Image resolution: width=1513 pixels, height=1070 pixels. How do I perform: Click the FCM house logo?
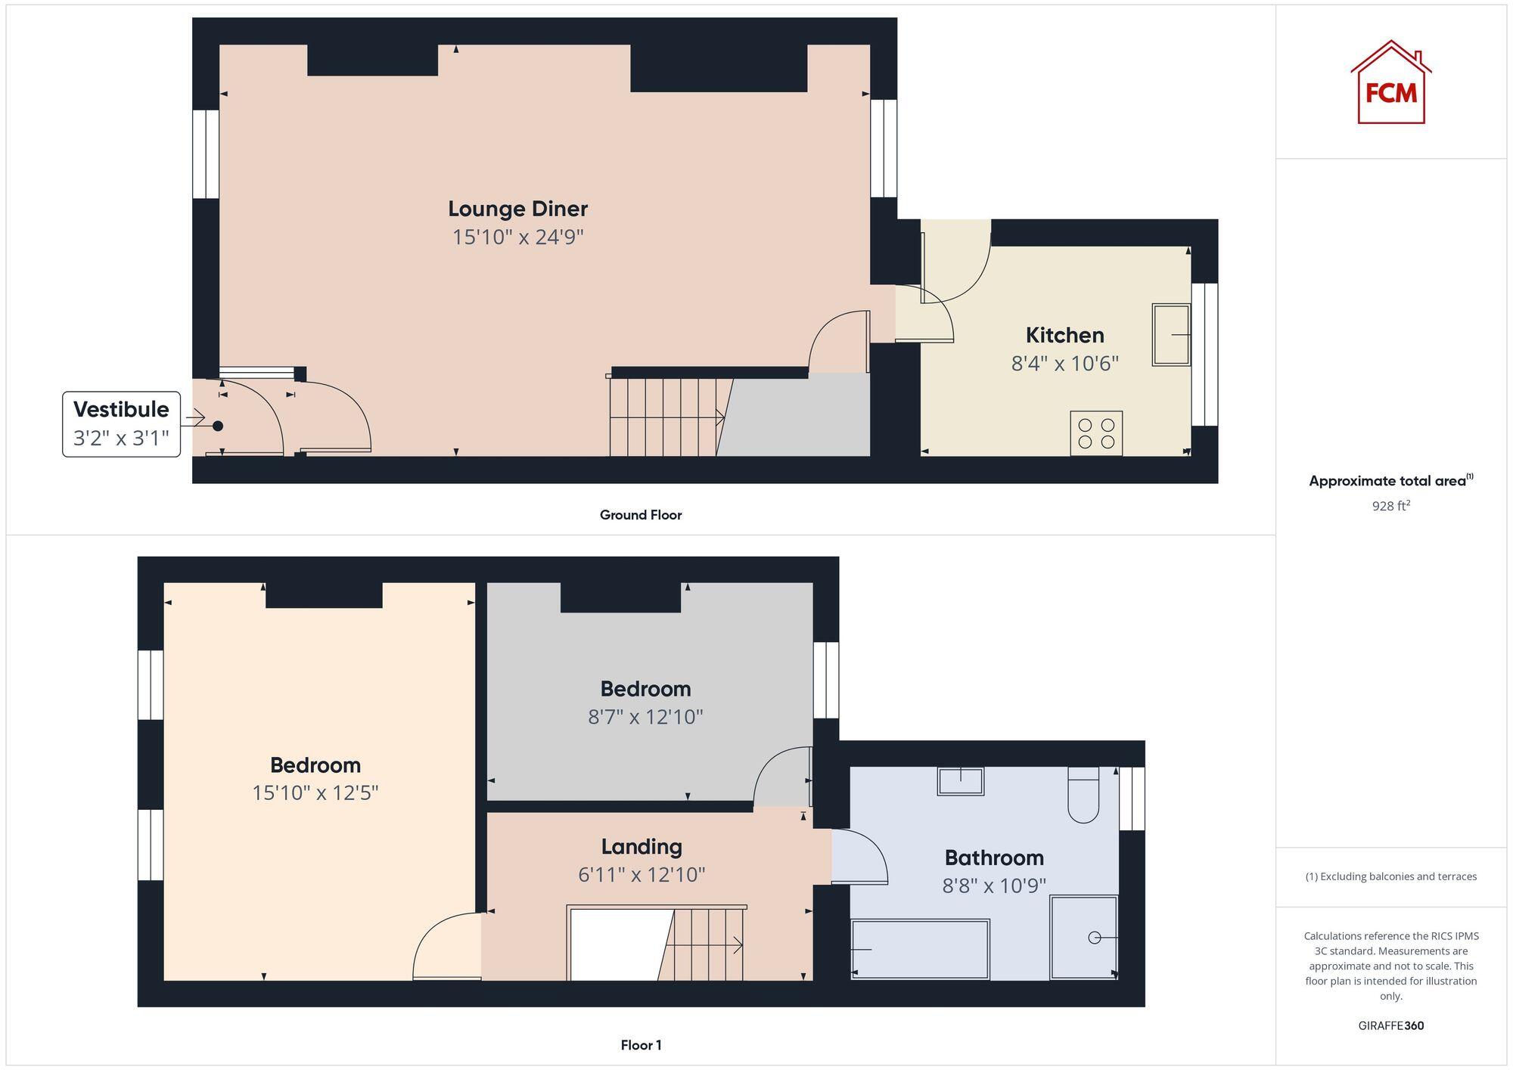1390,83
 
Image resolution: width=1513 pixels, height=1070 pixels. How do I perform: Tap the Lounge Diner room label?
517,209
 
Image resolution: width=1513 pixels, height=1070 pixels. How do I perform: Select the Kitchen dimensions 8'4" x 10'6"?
1064,364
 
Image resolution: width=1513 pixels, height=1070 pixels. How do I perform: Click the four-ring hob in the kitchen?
1096,433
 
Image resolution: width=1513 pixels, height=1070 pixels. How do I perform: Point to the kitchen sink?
1170,334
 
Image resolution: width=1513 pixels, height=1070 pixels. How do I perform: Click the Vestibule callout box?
121,423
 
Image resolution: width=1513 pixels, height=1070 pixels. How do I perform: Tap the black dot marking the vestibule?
218,426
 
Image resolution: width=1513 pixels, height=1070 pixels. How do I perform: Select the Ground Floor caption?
641,515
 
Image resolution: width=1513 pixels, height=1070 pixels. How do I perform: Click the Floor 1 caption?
641,1045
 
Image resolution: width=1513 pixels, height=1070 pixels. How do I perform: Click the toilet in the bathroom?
1083,796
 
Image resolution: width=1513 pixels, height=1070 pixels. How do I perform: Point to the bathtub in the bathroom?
920,949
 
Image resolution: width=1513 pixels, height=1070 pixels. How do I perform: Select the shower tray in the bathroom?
1083,938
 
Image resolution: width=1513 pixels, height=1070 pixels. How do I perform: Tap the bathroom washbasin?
961,781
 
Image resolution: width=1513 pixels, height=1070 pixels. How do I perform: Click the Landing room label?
642,846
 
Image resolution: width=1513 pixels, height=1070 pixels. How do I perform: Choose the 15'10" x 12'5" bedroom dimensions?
315,792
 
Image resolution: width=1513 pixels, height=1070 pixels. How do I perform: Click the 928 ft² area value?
1390,506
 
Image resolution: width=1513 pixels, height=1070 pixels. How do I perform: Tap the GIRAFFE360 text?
1390,1025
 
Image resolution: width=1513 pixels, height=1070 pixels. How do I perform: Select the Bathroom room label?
994,858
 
